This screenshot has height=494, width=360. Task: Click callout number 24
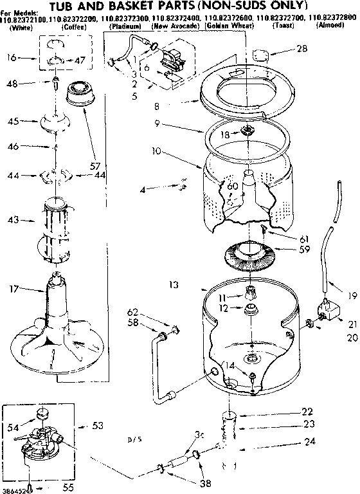[x=310, y=441]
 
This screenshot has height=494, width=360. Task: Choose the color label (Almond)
[x=333, y=28]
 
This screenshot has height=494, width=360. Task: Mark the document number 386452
[x=14, y=487]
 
